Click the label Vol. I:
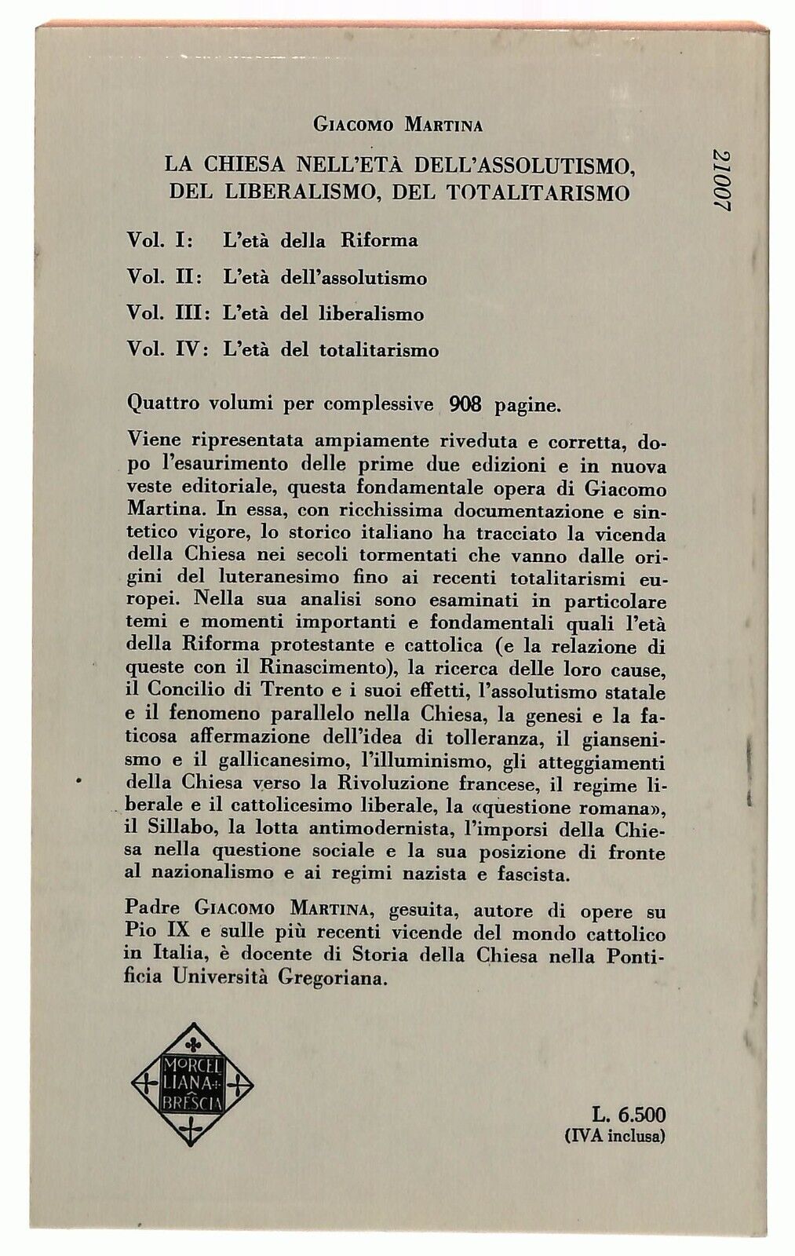(x=163, y=240)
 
